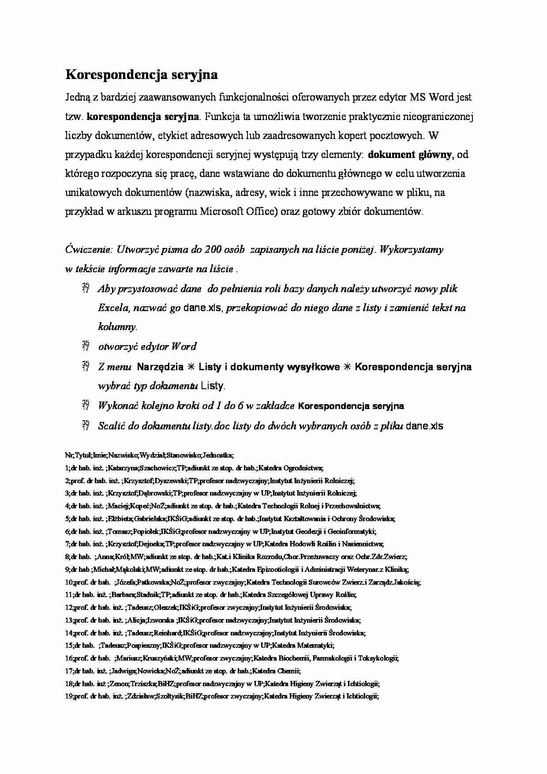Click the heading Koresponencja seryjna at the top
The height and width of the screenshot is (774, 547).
(142, 75)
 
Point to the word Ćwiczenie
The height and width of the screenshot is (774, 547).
(88, 250)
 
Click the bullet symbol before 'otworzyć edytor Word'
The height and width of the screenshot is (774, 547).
(86, 347)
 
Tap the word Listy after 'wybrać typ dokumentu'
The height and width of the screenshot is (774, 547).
(213, 386)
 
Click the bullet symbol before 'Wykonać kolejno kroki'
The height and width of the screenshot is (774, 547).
(86, 406)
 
